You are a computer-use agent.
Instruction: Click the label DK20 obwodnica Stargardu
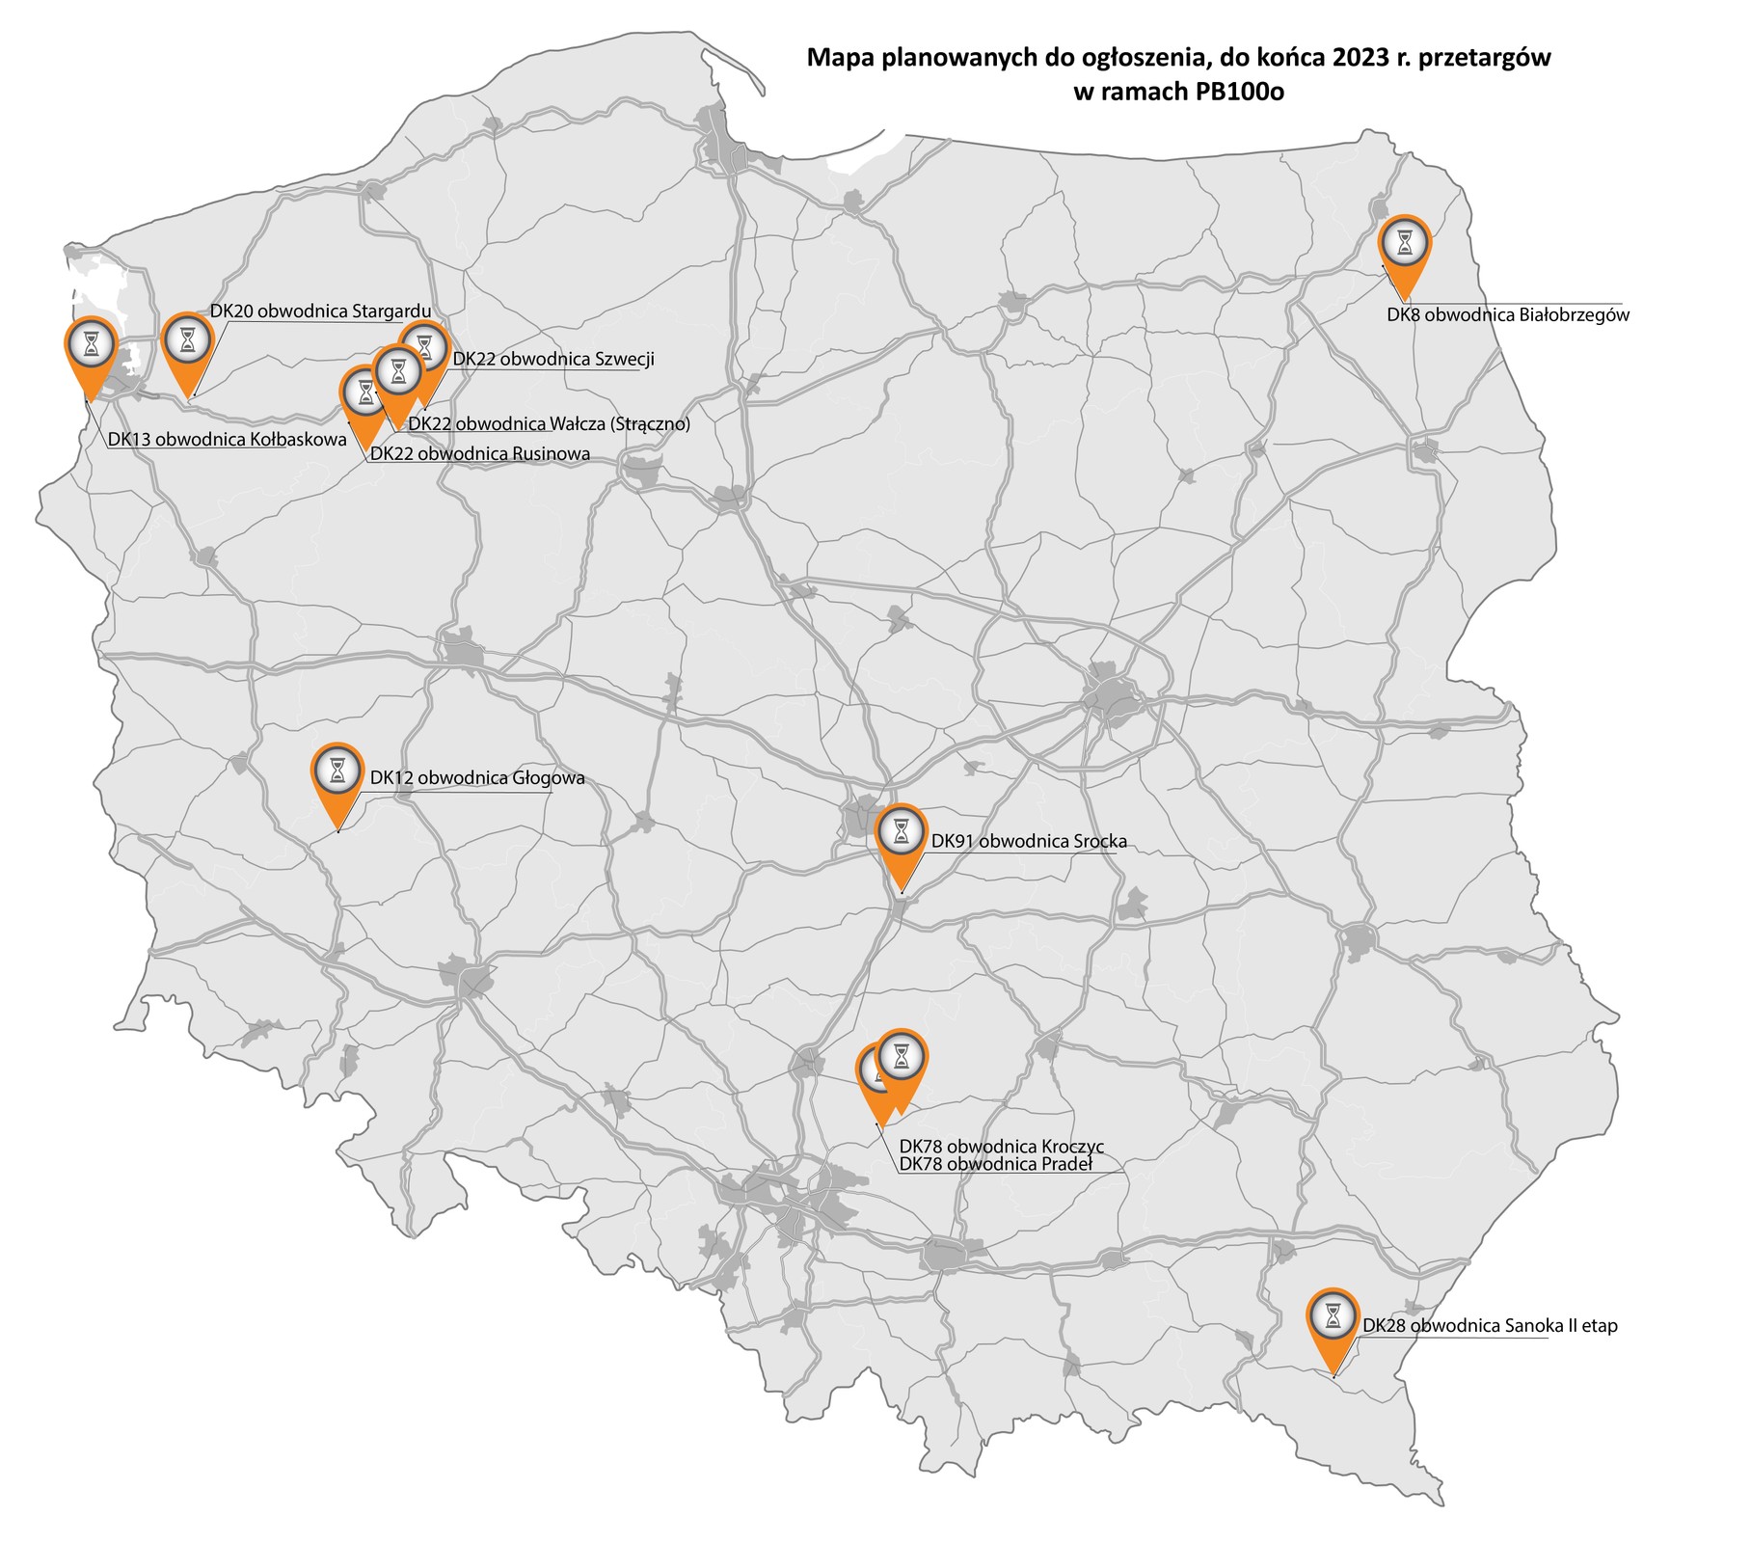(319, 311)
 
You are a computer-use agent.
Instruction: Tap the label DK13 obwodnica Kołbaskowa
(227, 440)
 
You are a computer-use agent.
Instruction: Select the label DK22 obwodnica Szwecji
(552, 359)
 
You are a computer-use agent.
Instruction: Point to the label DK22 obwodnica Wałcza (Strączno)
(549, 423)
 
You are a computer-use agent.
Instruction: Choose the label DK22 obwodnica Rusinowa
(480, 453)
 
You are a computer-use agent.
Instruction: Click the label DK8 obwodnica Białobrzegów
(1507, 314)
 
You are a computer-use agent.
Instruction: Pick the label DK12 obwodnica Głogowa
(477, 777)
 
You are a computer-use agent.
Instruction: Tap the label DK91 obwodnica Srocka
(1028, 841)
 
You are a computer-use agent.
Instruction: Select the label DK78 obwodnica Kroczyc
(1001, 1147)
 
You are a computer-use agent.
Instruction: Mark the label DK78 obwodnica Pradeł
(995, 1164)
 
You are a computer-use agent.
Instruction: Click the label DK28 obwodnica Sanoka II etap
(1490, 1326)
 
